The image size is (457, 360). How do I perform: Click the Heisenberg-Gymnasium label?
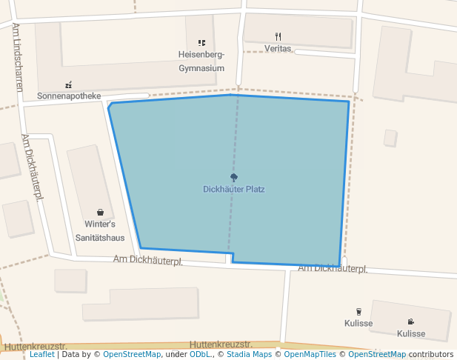(201, 61)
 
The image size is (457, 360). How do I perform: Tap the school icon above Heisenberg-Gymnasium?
(201, 43)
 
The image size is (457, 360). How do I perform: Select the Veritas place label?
(278, 48)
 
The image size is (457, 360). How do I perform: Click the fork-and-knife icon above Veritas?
(278, 36)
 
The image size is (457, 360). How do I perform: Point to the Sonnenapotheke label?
(69, 96)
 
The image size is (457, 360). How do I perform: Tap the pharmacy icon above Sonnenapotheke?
(69, 84)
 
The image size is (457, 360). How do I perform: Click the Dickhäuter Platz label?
(234, 190)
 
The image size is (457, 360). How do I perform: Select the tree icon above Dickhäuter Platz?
(234, 177)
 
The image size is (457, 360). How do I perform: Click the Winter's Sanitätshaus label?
(100, 230)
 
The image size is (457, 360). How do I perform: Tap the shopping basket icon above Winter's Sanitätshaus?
(100, 213)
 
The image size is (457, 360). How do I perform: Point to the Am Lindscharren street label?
(17, 56)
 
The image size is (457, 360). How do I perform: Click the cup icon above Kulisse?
(358, 312)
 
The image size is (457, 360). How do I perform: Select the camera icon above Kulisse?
(411, 321)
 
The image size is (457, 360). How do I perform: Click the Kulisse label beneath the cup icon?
(358, 324)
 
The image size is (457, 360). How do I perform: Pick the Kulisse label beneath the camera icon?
(411, 334)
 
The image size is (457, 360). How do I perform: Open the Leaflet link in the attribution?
(42, 354)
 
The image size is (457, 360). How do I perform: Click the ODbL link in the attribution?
(199, 354)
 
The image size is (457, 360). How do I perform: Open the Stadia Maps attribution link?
(248, 354)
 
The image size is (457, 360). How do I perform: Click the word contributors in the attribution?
(432, 354)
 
